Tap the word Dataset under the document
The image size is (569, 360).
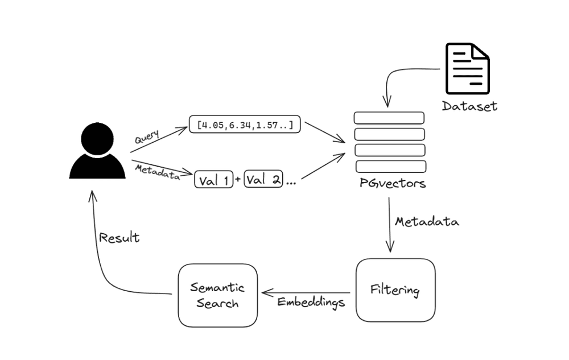pos(469,106)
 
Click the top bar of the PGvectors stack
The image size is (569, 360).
pos(389,118)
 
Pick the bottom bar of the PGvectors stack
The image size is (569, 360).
pos(390,167)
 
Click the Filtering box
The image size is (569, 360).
pos(395,290)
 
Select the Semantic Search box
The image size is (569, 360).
pos(218,295)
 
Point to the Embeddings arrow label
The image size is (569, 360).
pos(311,302)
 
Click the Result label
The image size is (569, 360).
pos(119,237)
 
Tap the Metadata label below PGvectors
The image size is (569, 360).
pos(427,221)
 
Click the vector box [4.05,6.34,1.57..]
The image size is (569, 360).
pos(244,125)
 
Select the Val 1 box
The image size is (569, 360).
pos(214,180)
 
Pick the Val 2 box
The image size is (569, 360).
pos(263,180)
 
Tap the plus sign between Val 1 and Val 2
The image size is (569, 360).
pos(238,180)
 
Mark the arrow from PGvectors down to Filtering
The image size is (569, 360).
pos(390,224)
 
